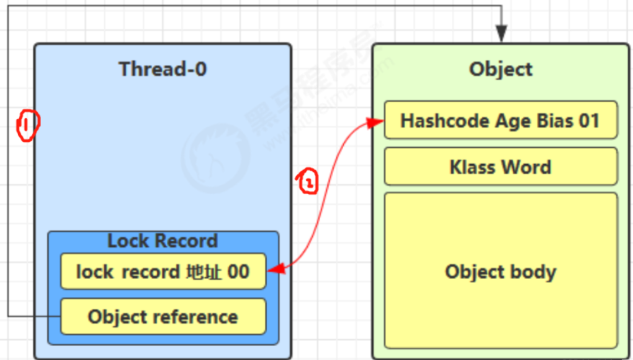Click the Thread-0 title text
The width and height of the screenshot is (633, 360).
pos(163,69)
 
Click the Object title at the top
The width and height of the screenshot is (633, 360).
pos(500,69)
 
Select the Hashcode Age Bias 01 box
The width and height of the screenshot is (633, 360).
pos(500,120)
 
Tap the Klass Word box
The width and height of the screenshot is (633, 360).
pos(500,167)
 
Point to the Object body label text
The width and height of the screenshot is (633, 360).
pos(500,272)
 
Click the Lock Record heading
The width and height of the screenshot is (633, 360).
pos(163,241)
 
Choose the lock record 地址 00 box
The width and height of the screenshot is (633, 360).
pos(163,272)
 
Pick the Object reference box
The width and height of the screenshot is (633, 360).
pos(163,317)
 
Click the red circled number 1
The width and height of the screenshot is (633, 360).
pos(27,125)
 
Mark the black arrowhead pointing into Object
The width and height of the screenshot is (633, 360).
pos(501,35)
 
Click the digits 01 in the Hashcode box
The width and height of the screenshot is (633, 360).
pos(588,120)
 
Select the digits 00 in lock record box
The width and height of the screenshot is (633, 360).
pos(238,272)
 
